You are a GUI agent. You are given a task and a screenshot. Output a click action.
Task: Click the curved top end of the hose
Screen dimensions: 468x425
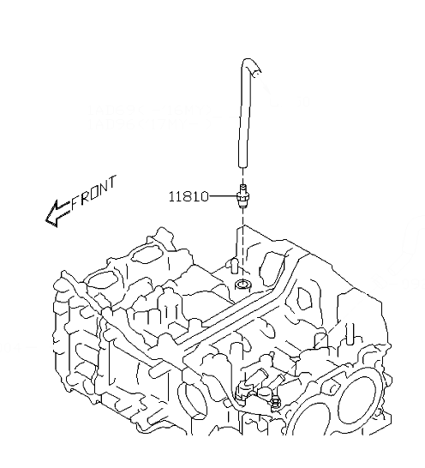tap(250, 64)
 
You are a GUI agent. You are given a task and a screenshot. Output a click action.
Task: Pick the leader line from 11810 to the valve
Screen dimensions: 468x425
tap(222, 196)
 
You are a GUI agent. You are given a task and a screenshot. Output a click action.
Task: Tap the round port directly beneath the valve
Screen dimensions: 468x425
tap(243, 283)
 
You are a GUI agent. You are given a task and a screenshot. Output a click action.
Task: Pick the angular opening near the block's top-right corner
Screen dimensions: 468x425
tap(305, 296)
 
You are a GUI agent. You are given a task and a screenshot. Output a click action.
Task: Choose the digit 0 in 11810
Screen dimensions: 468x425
tap(203, 196)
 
